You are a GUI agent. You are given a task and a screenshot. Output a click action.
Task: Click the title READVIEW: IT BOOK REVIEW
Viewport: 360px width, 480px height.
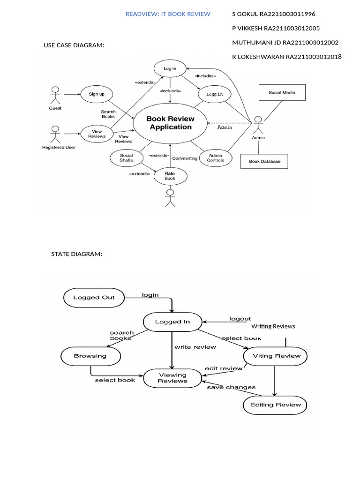tap(168, 14)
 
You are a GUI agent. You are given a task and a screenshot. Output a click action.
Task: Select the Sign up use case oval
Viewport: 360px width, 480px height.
tap(97, 94)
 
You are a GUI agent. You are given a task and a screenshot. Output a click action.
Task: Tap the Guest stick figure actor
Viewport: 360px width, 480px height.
tap(55, 96)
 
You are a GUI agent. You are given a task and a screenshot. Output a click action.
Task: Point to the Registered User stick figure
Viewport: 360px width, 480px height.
tap(55, 135)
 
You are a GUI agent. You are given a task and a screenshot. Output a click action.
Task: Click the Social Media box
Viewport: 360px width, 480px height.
tap(282, 92)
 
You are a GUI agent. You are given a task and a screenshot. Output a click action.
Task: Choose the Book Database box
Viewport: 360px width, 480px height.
tap(264, 161)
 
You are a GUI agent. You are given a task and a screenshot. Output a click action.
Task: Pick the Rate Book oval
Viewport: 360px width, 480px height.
tap(170, 176)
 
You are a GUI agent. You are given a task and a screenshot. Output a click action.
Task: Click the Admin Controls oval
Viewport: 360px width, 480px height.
tap(215, 157)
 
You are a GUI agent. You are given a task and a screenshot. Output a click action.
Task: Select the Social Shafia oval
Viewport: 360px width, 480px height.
tap(126, 157)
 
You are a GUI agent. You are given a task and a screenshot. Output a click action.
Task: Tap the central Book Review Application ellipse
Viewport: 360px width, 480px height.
tap(170, 123)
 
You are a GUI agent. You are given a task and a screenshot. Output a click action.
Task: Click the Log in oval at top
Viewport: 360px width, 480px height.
tap(170, 68)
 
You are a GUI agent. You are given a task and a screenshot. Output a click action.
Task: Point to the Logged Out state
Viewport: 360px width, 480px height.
tap(94, 297)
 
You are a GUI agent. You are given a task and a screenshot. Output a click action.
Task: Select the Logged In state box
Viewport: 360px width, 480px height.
tap(172, 322)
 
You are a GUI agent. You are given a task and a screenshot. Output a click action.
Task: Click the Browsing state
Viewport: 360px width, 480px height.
tap(90, 356)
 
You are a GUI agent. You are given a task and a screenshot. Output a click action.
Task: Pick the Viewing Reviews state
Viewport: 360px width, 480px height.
tap(172, 378)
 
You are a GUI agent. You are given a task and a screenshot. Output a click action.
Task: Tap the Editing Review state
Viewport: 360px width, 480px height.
tap(275, 405)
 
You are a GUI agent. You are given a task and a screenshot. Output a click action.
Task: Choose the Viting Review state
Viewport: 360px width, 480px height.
tap(277, 356)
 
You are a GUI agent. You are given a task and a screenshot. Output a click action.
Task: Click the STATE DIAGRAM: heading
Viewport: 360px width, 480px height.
tap(76, 254)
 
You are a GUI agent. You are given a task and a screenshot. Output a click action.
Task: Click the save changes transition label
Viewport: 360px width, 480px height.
tap(231, 387)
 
